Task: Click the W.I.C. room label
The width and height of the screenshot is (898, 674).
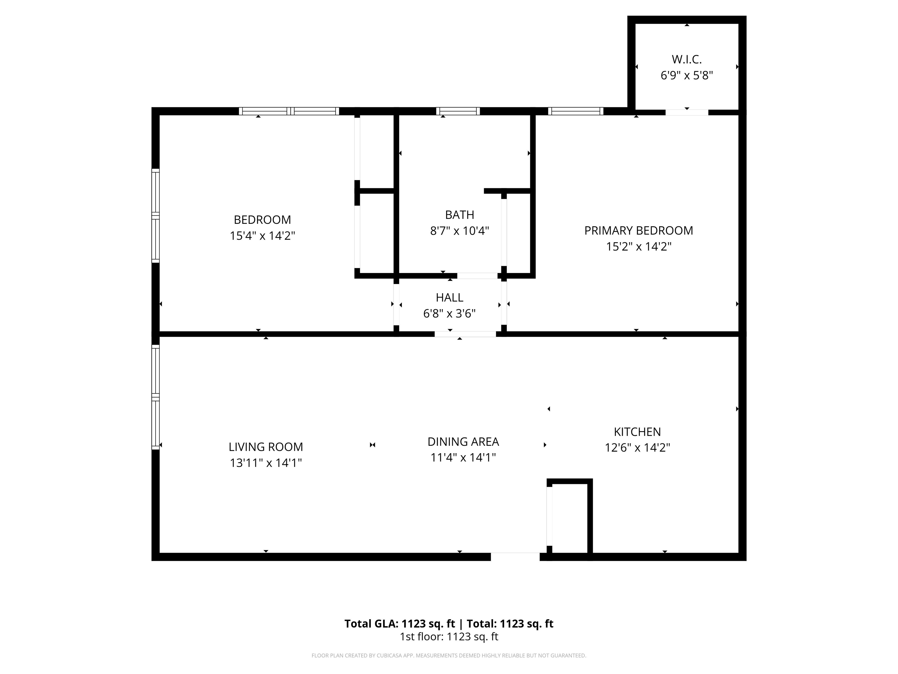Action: point(686,59)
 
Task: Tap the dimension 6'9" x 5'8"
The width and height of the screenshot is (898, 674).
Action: point(686,75)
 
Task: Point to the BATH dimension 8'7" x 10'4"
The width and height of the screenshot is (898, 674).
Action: point(459,231)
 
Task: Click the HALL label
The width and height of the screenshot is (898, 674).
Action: point(449,298)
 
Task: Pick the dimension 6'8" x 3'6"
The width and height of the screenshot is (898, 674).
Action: point(449,314)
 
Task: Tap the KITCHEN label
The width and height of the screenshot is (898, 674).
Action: point(637,431)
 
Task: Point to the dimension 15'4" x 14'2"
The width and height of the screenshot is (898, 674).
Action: point(262,235)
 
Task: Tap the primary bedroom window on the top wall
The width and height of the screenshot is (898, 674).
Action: point(575,111)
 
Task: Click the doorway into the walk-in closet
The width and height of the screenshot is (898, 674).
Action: point(686,112)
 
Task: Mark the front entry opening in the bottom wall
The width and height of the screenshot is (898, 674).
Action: point(515,557)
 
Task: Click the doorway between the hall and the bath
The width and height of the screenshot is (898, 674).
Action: point(477,276)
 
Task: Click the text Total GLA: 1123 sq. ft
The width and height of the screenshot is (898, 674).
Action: point(400,624)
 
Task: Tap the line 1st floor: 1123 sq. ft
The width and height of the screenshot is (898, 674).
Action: point(449,637)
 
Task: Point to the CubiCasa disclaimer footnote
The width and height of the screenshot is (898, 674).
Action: point(449,655)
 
